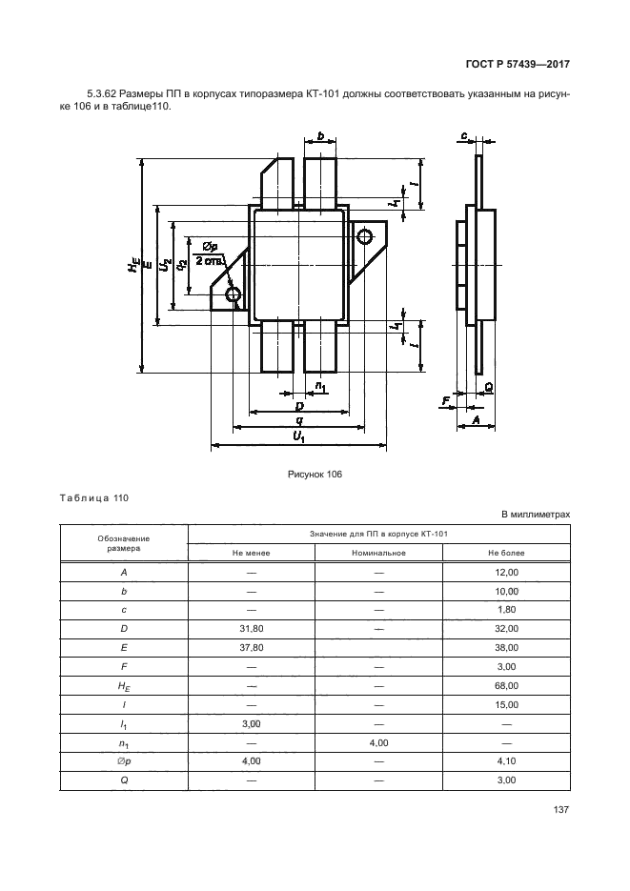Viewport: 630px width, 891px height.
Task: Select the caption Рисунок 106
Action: tap(314, 474)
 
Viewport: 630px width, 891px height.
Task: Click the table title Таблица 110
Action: tap(93, 498)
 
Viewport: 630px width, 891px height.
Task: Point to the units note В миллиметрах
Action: tap(536, 515)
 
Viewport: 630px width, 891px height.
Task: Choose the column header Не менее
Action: tap(252, 553)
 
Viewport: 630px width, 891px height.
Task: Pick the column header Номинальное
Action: tap(377, 553)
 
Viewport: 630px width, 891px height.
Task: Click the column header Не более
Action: tap(506, 553)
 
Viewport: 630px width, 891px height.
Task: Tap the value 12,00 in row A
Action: tap(506, 573)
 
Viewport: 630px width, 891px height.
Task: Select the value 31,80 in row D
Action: tap(252, 629)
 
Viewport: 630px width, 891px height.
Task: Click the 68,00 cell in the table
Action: tap(506, 686)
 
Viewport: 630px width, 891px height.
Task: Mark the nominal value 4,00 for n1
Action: tap(377, 742)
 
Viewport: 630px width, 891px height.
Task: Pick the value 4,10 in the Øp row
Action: tap(506, 761)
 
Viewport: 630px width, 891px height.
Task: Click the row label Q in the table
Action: tap(124, 780)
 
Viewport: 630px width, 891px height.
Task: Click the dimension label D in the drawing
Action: tap(298, 406)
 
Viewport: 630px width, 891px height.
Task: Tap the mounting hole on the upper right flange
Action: tap(364, 236)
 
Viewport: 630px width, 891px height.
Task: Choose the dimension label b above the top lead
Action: tap(321, 137)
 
